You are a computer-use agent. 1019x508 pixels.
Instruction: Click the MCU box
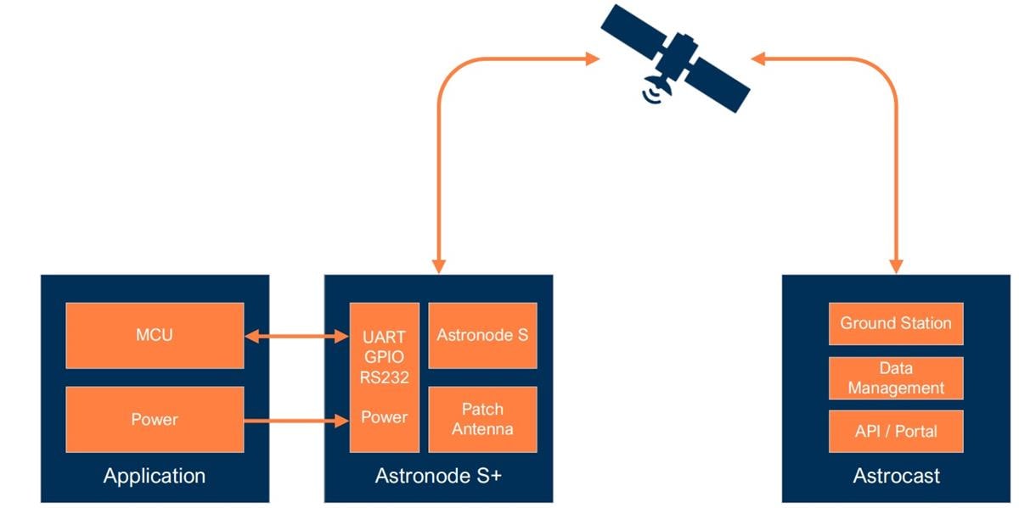click(x=155, y=335)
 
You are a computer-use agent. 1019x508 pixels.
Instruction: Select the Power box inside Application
click(x=155, y=419)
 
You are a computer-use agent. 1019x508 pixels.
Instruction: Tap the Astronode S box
click(x=482, y=335)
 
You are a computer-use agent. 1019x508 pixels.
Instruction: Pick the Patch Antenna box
click(x=482, y=419)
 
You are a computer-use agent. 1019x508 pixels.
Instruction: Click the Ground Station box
click(x=896, y=323)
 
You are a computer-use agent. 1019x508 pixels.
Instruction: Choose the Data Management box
click(x=896, y=378)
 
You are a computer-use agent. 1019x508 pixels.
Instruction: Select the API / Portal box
click(x=896, y=431)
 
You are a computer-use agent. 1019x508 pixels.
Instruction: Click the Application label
click(x=155, y=476)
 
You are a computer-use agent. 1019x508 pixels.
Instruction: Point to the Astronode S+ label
click(x=438, y=476)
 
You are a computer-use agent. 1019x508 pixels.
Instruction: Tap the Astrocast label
click(x=896, y=476)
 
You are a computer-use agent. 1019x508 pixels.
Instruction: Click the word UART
click(x=385, y=336)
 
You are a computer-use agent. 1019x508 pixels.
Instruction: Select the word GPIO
click(x=385, y=356)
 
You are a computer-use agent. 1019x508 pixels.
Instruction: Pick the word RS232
click(x=385, y=377)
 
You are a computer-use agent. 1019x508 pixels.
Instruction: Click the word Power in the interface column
click(x=385, y=417)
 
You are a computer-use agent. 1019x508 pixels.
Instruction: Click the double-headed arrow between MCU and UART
click(x=296, y=337)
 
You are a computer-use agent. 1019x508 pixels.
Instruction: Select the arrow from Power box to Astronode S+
click(x=296, y=419)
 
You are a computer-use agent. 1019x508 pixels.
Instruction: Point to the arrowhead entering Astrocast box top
click(x=896, y=265)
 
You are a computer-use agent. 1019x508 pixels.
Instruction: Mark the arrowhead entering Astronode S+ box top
click(x=438, y=265)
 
